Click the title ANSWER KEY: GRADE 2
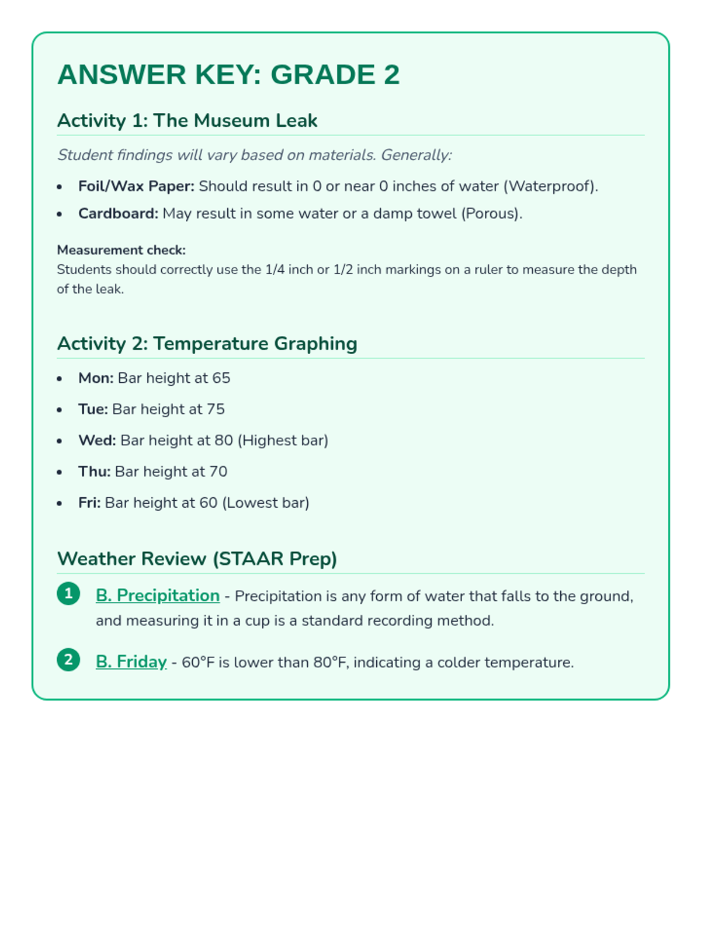pyautogui.click(x=228, y=75)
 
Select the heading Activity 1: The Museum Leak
pyautogui.click(x=187, y=120)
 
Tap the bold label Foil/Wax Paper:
pyautogui.click(x=136, y=186)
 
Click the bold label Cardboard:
pyautogui.click(x=118, y=214)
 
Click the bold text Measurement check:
pyautogui.click(x=121, y=250)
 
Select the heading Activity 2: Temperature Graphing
pyautogui.click(x=207, y=344)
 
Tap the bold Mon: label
pyautogui.click(x=96, y=378)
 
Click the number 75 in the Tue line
pyautogui.click(x=216, y=409)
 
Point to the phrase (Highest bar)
pyautogui.click(x=283, y=440)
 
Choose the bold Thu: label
pyautogui.click(x=94, y=472)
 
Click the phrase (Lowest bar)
pyautogui.click(x=266, y=503)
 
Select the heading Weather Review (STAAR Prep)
pyautogui.click(x=197, y=559)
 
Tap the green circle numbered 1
pyautogui.click(x=68, y=594)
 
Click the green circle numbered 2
pyautogui.click(x=68, y=660)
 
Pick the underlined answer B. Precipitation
pyautogui.click(x=158, y=595)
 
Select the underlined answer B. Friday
pyautogui.click(x=131, y=662)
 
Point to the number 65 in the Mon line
pyautogui.click(x=221, y=378)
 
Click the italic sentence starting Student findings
pyautogui.click(x=254, y=155)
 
